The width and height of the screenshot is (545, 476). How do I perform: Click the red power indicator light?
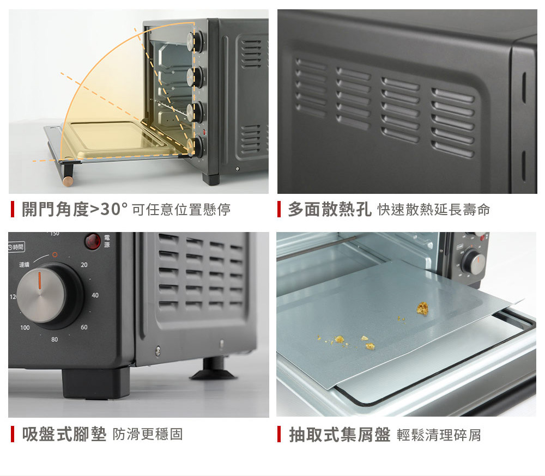click(x=93, y=241)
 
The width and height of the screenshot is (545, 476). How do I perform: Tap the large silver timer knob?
click(x=41, y=295)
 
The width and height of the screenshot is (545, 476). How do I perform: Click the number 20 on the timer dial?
click(x=84, y=265)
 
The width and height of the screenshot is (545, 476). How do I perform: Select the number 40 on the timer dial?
click(x=95, y=295)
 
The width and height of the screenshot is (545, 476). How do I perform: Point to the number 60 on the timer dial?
click(x=84, y=327)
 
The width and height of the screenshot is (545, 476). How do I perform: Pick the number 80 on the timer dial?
click(x=55, y=339)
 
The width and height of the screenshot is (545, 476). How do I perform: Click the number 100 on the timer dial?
click(x=25, y=328)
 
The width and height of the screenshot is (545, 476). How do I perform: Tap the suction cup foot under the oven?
click(x=214, y=370)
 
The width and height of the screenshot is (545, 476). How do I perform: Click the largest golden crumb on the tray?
click(x=423, y=308)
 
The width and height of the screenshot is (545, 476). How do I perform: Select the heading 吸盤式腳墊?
click(x=64, y=434)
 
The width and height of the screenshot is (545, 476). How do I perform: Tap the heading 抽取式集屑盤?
click(x=340, y=435)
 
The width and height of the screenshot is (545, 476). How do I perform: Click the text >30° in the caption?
click(x=109, y=209)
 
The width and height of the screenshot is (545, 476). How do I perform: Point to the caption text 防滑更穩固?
click(x=148, y=434)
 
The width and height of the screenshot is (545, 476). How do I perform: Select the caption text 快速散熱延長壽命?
click(x=434, y=210)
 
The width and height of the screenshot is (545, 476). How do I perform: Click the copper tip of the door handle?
click(x=68, y=181)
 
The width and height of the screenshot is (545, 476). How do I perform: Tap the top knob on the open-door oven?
click(x=195, y=42)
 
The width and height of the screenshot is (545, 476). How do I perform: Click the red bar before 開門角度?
click(x=13, y=209)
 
